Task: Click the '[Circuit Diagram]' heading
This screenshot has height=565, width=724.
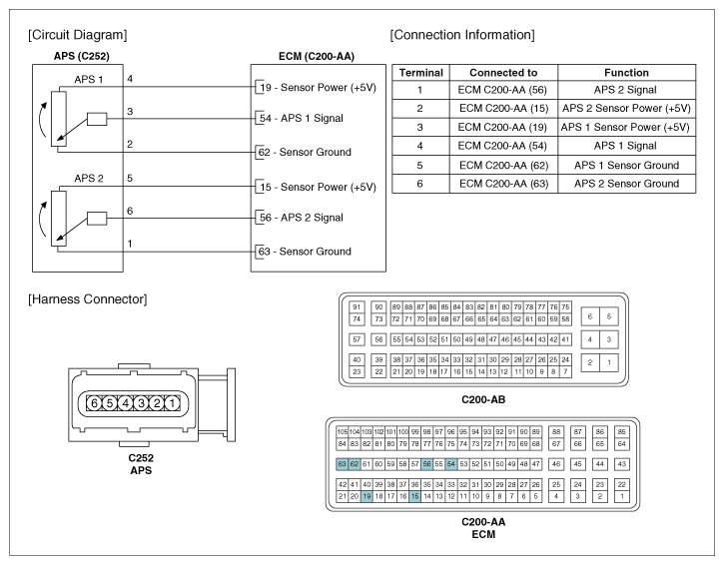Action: pyautogui.click(x=76, y=35)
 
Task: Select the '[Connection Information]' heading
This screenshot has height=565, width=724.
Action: pyautogui.click(x=462, y=35)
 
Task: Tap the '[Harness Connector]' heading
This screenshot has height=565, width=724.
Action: pyautogui.click(x=82, y=298)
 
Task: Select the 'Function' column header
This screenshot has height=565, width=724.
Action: pyautogui.click(x=626, y=73)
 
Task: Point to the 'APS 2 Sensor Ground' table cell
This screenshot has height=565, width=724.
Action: pyautogui.click(x=626, y=184)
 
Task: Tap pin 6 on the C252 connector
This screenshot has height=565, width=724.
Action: pyautogui.click(x=94, y=403)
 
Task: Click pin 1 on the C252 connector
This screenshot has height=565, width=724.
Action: pyautogui.click(x=172, y=403)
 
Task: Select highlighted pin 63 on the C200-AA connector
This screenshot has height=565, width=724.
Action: pyautogui.click(x=343, y=464)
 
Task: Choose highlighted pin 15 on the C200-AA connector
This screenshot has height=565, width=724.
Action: pyautogui.click(x=414, y=496)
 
